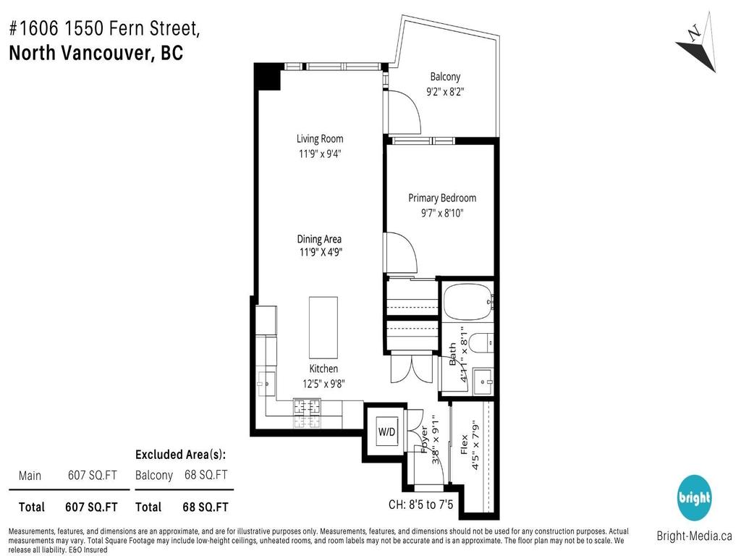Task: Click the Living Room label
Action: click(320, 139)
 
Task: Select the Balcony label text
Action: click(445, 77)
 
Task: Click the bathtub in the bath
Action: click(467, 302)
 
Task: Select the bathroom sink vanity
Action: click(483, 380)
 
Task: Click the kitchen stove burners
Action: click(307, 413)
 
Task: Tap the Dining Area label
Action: click(319, 239)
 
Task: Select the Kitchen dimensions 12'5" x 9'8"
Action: click(323, 384)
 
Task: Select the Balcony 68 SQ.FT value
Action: click(206, 475)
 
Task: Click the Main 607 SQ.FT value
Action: click(93, 475)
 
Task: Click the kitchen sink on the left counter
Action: click(264, 381)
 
